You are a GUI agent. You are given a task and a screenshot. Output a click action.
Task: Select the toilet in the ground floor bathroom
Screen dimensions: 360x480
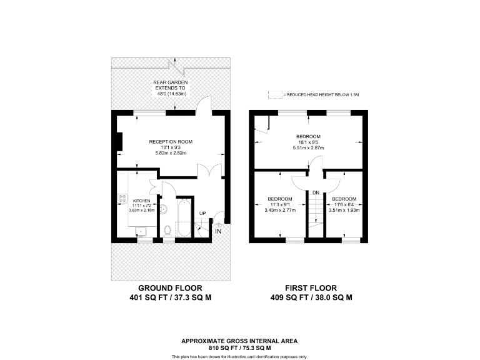click(x=166, y=231)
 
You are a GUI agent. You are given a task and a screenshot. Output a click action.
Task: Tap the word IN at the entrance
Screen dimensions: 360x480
click(x=218, y=232)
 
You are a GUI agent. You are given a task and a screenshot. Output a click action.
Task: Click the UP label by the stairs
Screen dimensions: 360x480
click(x=202, y=214)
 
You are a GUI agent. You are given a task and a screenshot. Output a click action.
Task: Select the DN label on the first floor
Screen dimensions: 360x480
click(x=316, y=192)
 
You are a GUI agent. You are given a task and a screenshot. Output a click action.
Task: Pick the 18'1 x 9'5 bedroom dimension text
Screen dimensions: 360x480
click(x=308, y=142)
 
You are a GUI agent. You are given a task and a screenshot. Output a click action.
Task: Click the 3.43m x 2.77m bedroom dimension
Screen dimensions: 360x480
click(x=280, y=210)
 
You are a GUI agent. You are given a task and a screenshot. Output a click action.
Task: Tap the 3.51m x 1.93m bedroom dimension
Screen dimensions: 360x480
click(x=344, y=210)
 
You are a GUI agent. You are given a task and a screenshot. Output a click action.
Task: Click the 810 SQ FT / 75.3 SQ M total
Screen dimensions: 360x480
click(x=239, y=347)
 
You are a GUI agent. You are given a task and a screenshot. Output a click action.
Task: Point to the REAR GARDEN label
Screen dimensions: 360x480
click(x=171, y=82)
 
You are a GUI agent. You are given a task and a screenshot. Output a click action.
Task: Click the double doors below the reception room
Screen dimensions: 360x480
click(x=204, y=171)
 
